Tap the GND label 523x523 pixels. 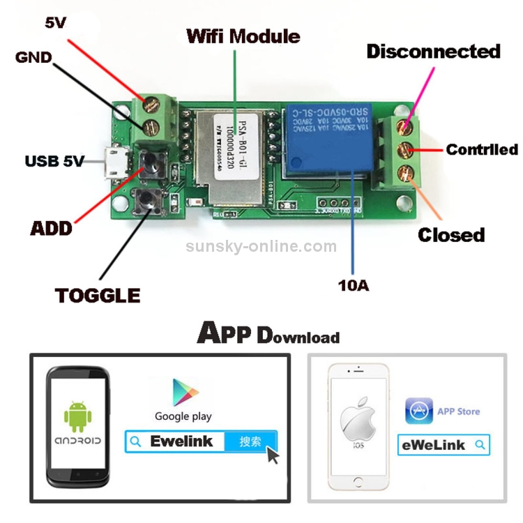(33, 57)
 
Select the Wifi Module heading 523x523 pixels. (243, 36)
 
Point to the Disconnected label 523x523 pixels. (433, 52)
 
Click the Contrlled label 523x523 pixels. (482, 149)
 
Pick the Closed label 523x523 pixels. (451, 235)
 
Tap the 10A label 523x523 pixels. (354, 285)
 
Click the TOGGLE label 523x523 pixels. (98, 295)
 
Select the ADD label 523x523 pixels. (51, 227)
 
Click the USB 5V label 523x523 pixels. (54, 162)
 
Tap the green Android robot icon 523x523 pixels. (77, 416)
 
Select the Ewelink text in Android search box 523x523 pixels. (181, 441)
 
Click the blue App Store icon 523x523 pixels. (418, 411)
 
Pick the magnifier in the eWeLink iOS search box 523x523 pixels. (479, 444)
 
